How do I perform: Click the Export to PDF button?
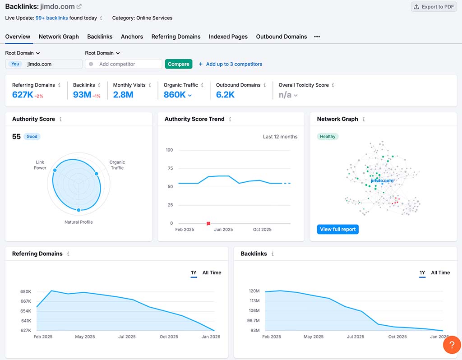tap(434, 7)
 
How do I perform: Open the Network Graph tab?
tap(59, 37)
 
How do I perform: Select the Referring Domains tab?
tap(176, 37)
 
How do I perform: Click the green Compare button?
tap(179, 64)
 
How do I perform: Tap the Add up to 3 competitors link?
tap(234, 64)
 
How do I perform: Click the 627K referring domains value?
tap(23, 95)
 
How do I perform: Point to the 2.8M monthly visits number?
tap(123, 95)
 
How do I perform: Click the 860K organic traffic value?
tap(175, 95)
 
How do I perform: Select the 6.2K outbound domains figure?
tap(226, 95)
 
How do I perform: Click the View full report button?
tap(338, 229)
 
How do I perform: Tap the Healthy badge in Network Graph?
tap(328, 136)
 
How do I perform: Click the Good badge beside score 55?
tap(32, 136)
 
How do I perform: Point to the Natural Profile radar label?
tap(79, 222)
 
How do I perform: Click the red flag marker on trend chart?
tap(208, 223)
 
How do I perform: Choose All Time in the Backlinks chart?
tap(440, 272)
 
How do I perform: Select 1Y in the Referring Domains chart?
tap(194, 272)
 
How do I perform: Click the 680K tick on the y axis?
tap(26, 291)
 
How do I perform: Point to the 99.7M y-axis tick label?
tap(254, 321)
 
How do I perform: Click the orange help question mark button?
tap(451, 345)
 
